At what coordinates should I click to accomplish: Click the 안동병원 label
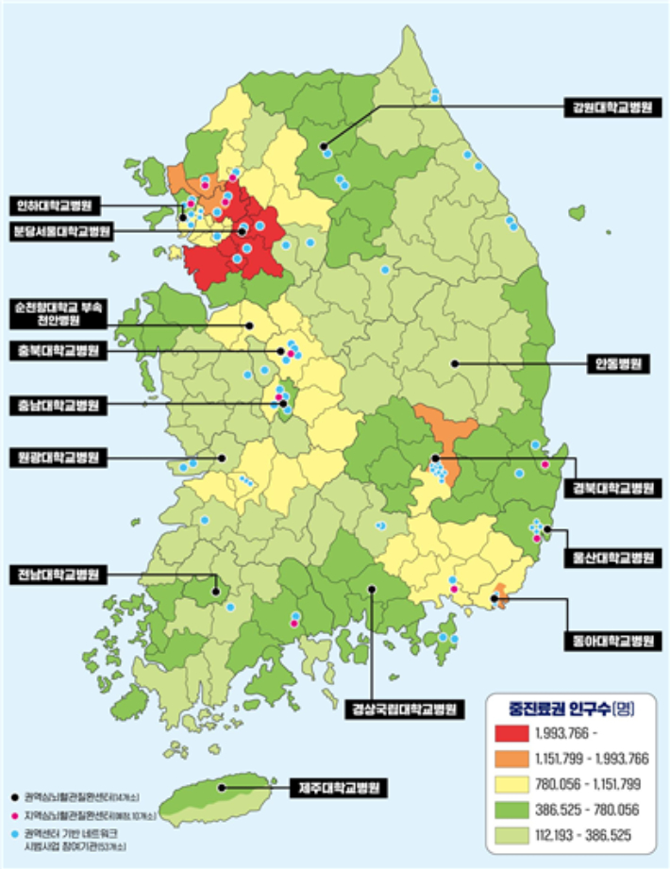pos(617,363)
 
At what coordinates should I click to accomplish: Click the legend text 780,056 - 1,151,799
pos(587,784)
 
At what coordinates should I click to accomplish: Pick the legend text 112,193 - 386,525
pos(587,834)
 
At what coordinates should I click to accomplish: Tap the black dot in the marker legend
pos(16,794)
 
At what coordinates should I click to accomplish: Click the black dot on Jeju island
pos(223,786)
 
